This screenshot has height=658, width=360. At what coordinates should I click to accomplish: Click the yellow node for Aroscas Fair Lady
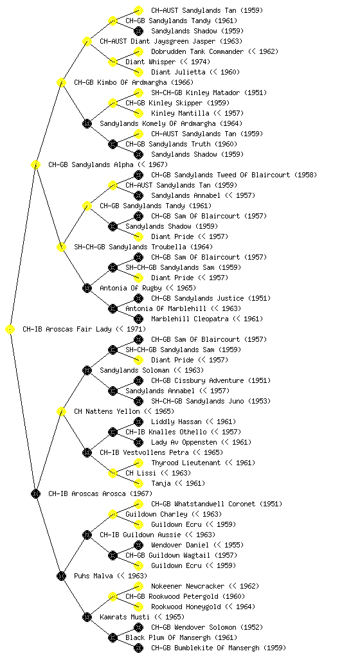point(10,330)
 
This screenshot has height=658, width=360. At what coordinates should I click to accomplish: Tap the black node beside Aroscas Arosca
point(35,494)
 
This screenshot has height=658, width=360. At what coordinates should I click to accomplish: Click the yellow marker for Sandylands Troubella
point(61,247)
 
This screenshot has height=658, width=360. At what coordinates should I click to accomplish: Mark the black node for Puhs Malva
point(61,576)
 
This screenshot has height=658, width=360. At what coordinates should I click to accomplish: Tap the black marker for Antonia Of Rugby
point(87,289)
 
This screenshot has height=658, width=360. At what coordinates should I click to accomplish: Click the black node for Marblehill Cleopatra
point(138,319)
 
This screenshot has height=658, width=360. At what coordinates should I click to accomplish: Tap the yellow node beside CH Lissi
point(113,474)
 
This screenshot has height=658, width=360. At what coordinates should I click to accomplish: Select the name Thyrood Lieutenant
point(186,463)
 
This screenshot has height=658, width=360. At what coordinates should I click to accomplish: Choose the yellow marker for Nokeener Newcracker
point(138,586)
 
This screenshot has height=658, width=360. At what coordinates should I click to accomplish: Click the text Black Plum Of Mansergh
point(168,638)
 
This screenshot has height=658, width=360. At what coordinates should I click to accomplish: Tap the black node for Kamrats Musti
point(87,618)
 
